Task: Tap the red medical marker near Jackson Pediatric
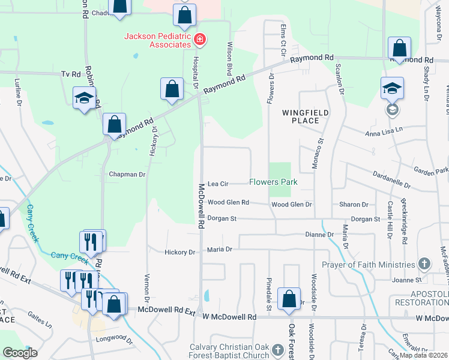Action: tap(200, 40)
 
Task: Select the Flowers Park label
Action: tap(273, 182)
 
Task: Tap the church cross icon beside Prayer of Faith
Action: tap(424, 264)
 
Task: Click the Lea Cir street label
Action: tap(218, 184)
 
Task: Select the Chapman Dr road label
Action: tap(127, 175)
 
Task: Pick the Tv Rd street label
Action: tap(70, 74)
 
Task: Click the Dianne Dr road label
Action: tap(319, 235)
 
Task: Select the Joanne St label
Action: tap(406, 280)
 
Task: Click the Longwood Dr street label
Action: tap(113, 340)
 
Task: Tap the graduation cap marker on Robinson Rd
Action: tap(84, 98)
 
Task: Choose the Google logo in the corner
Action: tap(20, 353)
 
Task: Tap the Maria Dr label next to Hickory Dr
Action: tap(220, 249)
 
